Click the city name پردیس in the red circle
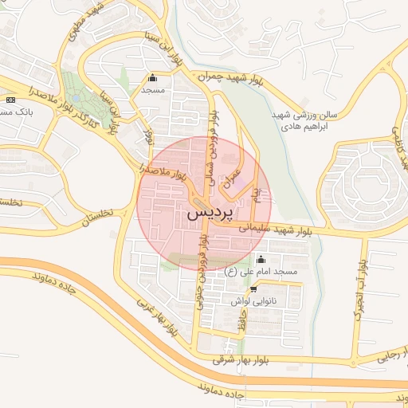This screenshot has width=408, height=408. tap(211, 215)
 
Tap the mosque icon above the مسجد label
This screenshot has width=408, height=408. tap(153, 78)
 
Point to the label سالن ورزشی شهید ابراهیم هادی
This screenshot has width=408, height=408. tap(305, 121)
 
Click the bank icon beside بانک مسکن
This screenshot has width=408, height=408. tap(10, 100)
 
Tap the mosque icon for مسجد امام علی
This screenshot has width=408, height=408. tap(261, 259)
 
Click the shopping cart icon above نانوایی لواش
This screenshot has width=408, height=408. tap(253, 288)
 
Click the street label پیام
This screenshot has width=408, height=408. tap(256, 193)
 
